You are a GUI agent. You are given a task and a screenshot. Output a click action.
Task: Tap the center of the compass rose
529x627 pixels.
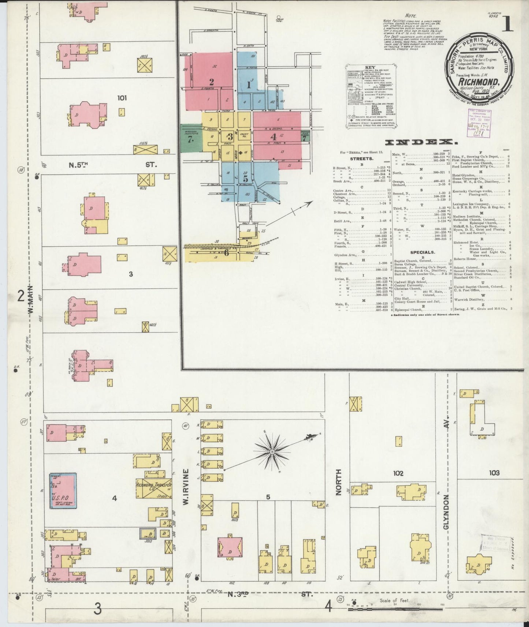[272, 452]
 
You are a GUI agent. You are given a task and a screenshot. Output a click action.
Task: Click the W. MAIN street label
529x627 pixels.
[30, 300]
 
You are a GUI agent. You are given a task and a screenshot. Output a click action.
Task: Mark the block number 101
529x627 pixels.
[122, 98]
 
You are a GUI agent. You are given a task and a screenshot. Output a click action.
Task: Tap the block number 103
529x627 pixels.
[494, 473]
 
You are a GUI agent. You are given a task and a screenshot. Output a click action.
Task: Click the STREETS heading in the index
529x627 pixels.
[362, 159]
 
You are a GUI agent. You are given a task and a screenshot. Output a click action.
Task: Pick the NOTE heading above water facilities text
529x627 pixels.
[411, 16]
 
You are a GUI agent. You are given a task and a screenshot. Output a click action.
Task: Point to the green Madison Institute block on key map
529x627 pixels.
[191, 138]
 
